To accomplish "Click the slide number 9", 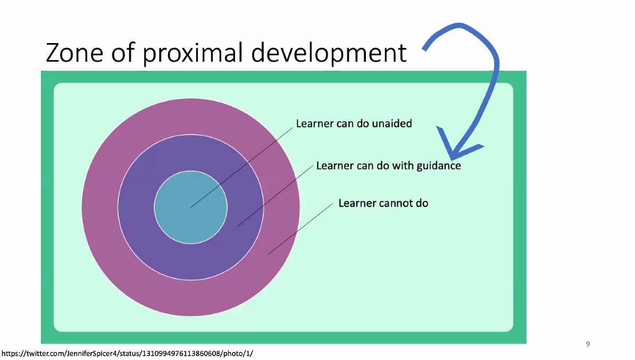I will tap(588, 344).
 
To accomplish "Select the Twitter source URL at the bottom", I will tap(130, 353).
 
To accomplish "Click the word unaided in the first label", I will tap(392, 123).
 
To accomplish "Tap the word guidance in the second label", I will tap(439, 166).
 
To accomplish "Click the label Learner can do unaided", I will tap(354, 123).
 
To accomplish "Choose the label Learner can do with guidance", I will tap(388, 166).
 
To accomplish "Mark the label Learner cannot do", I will tap(383, 203).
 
